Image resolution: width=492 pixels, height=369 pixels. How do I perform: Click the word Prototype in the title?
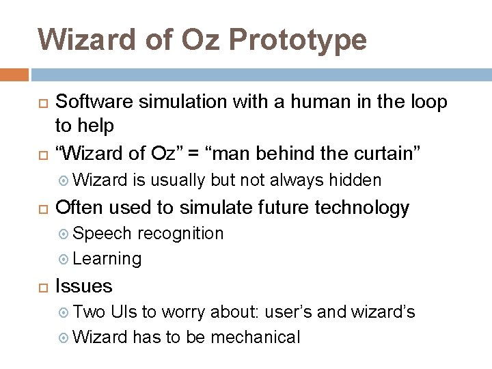click(297, 40)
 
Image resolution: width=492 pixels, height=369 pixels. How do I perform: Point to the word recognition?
click(180, 234)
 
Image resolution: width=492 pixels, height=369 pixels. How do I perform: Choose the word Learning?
click(107, 258)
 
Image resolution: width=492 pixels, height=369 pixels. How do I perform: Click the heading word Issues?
click(83, 286)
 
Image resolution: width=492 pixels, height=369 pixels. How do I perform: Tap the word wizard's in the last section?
click(383, 312)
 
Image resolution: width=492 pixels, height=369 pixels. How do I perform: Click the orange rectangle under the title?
click(14, 74)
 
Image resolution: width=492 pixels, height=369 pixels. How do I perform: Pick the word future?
click(262, 208)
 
